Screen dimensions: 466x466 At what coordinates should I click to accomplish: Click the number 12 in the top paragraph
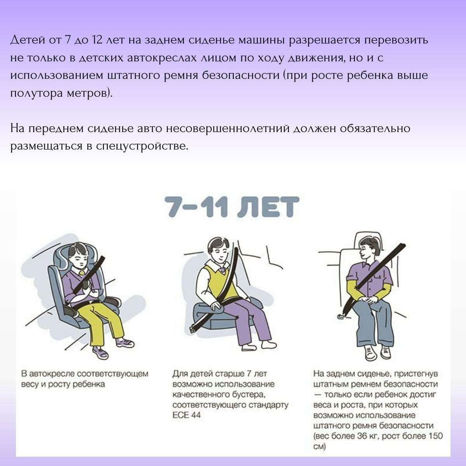click(x=97, y=40)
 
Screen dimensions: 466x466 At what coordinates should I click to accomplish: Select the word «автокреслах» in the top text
click(x=162, y=58)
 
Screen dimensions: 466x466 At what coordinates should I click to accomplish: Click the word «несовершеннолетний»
click(x=228, y=129)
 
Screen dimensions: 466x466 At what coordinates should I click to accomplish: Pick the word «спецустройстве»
click(x=142, y=146)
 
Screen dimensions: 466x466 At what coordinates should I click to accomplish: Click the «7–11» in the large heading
click(x=196, y=207)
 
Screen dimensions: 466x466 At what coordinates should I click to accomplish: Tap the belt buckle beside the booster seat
click(x=193, y=329)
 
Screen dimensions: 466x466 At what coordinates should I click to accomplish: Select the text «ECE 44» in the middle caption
click(x=186, y=415)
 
